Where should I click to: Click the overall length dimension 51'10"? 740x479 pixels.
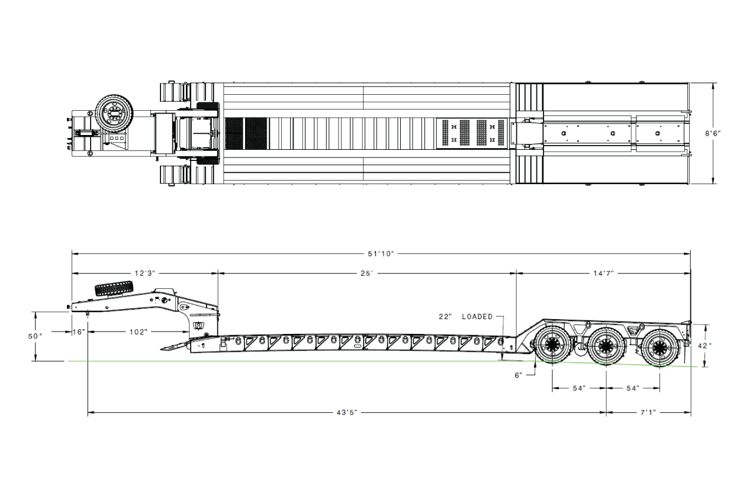pos(381,253)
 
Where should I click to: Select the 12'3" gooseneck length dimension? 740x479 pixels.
pos(144,273)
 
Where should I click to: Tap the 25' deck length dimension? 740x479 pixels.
pos(366,273)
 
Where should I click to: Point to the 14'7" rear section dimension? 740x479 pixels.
pos(603,273)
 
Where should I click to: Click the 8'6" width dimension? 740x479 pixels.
pos(713,133)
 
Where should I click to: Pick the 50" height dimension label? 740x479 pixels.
pos(36,336)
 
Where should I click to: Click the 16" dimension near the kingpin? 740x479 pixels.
pos(79,332)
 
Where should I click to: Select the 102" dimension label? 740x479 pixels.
pos(138,332)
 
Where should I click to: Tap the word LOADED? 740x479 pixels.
pos(477,316)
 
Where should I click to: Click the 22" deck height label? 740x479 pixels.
pos(445,316)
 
